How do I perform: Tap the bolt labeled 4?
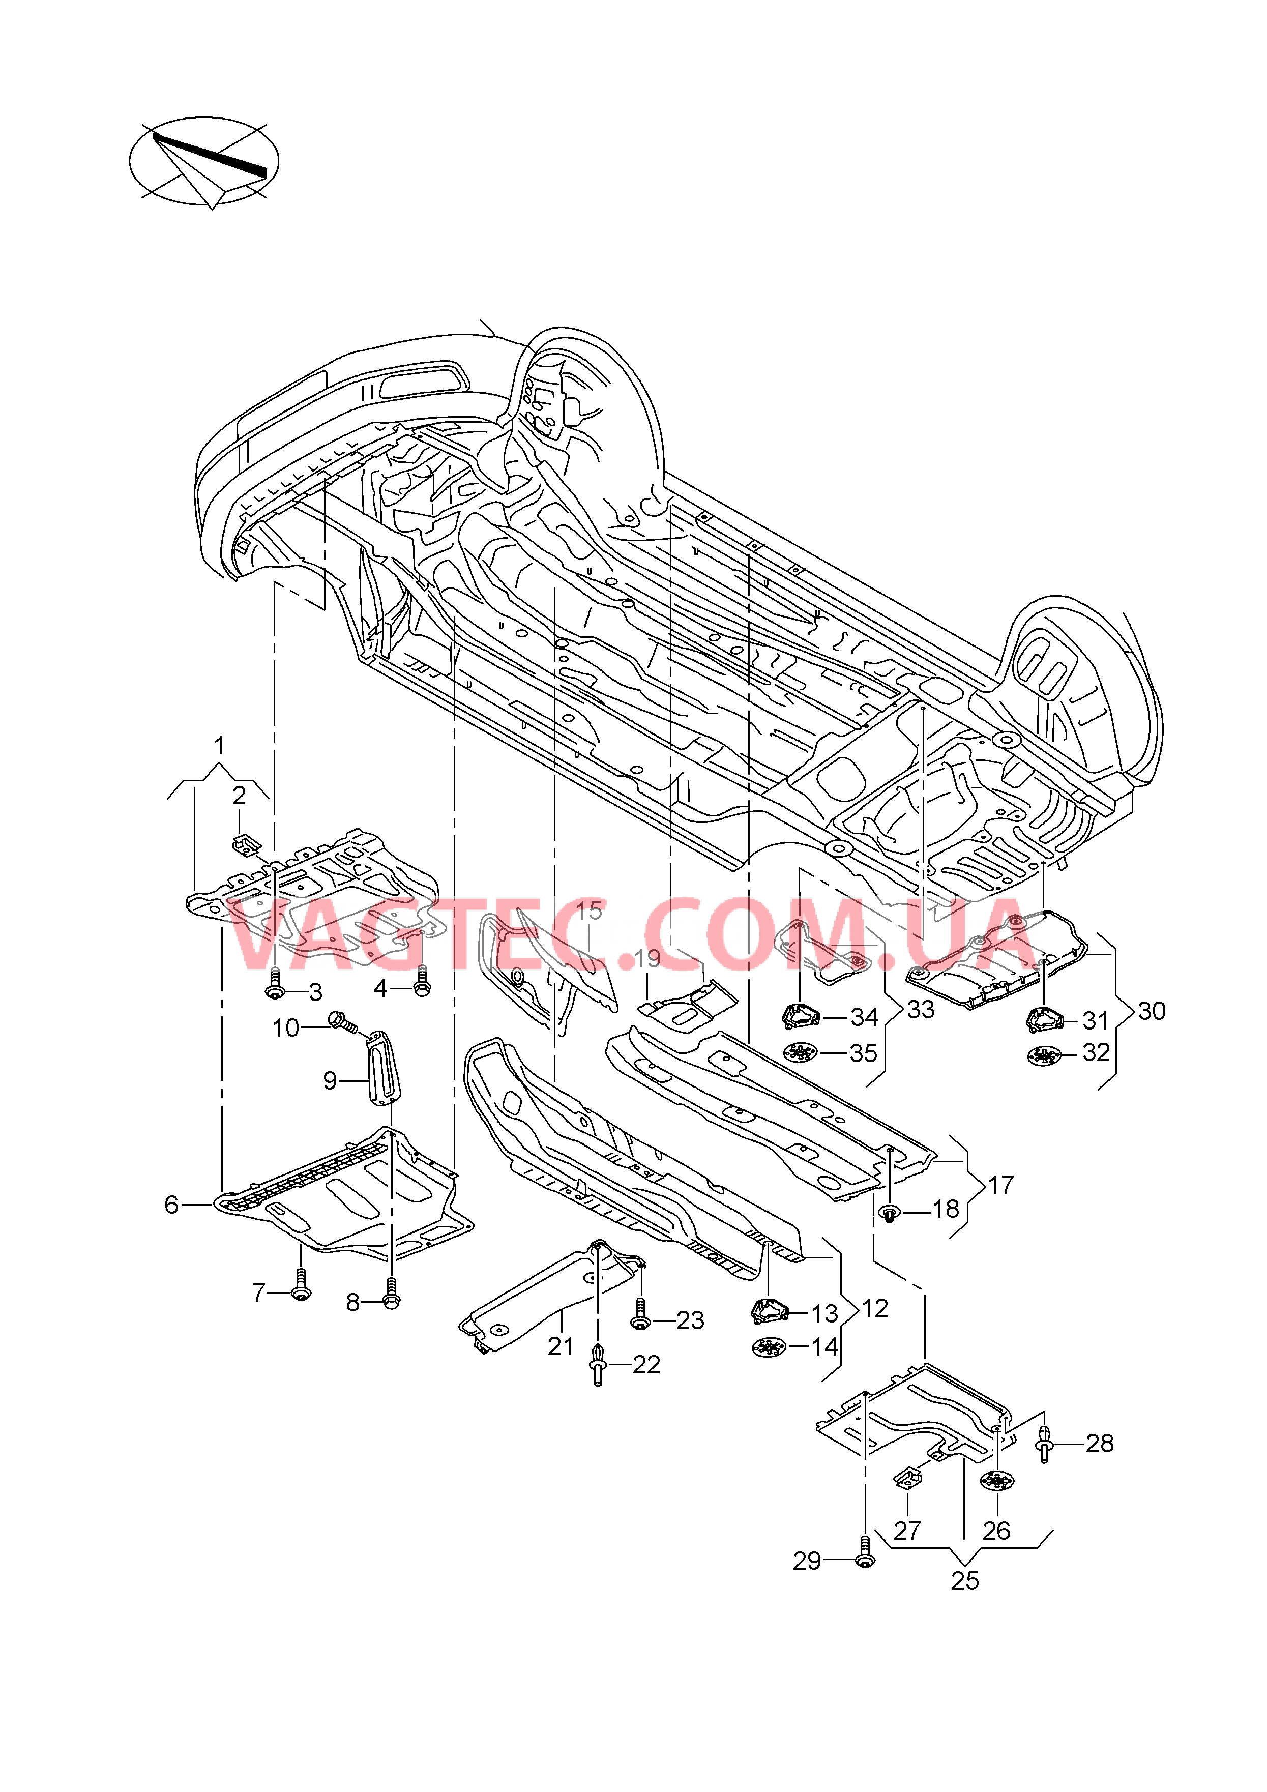(422, 981)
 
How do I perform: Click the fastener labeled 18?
(889, 1213)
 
